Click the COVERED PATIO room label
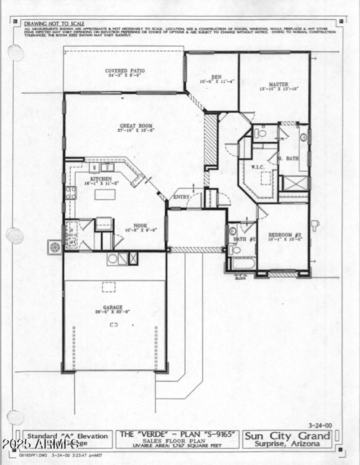click(122, 71)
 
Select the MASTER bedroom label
click(279, 84)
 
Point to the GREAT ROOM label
click(136, 126)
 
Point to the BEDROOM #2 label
click(285, 235)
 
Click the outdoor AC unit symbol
click(55, 247)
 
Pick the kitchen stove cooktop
click(71, 192)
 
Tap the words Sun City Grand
click(288, 435)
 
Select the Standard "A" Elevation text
click(68, 436)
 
